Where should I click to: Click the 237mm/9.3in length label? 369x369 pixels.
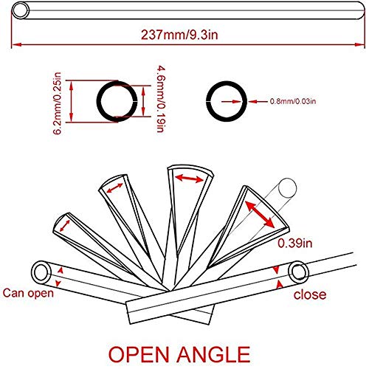pos(179,35)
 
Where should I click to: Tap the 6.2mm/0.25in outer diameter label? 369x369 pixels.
pos(58,103)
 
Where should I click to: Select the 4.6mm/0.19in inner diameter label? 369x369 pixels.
pos(161,99)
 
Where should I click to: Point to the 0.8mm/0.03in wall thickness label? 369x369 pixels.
pos(293,101)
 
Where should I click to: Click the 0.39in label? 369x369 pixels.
pos(295,243)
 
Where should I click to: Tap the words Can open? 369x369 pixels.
pos(28,293)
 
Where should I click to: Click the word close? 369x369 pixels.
pos(310,294)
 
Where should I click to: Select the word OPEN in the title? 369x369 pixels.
pos(139,354)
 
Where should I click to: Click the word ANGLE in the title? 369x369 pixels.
pos(213,354)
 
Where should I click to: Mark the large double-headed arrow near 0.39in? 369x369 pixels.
pos(260,214)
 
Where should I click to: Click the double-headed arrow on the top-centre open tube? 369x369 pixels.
pos(189,179)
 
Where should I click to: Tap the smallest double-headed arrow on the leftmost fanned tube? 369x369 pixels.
pos(65,226)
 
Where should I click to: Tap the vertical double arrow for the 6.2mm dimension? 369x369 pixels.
pos(72,101)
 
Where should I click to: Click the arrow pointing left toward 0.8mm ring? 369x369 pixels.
pos(258,101)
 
